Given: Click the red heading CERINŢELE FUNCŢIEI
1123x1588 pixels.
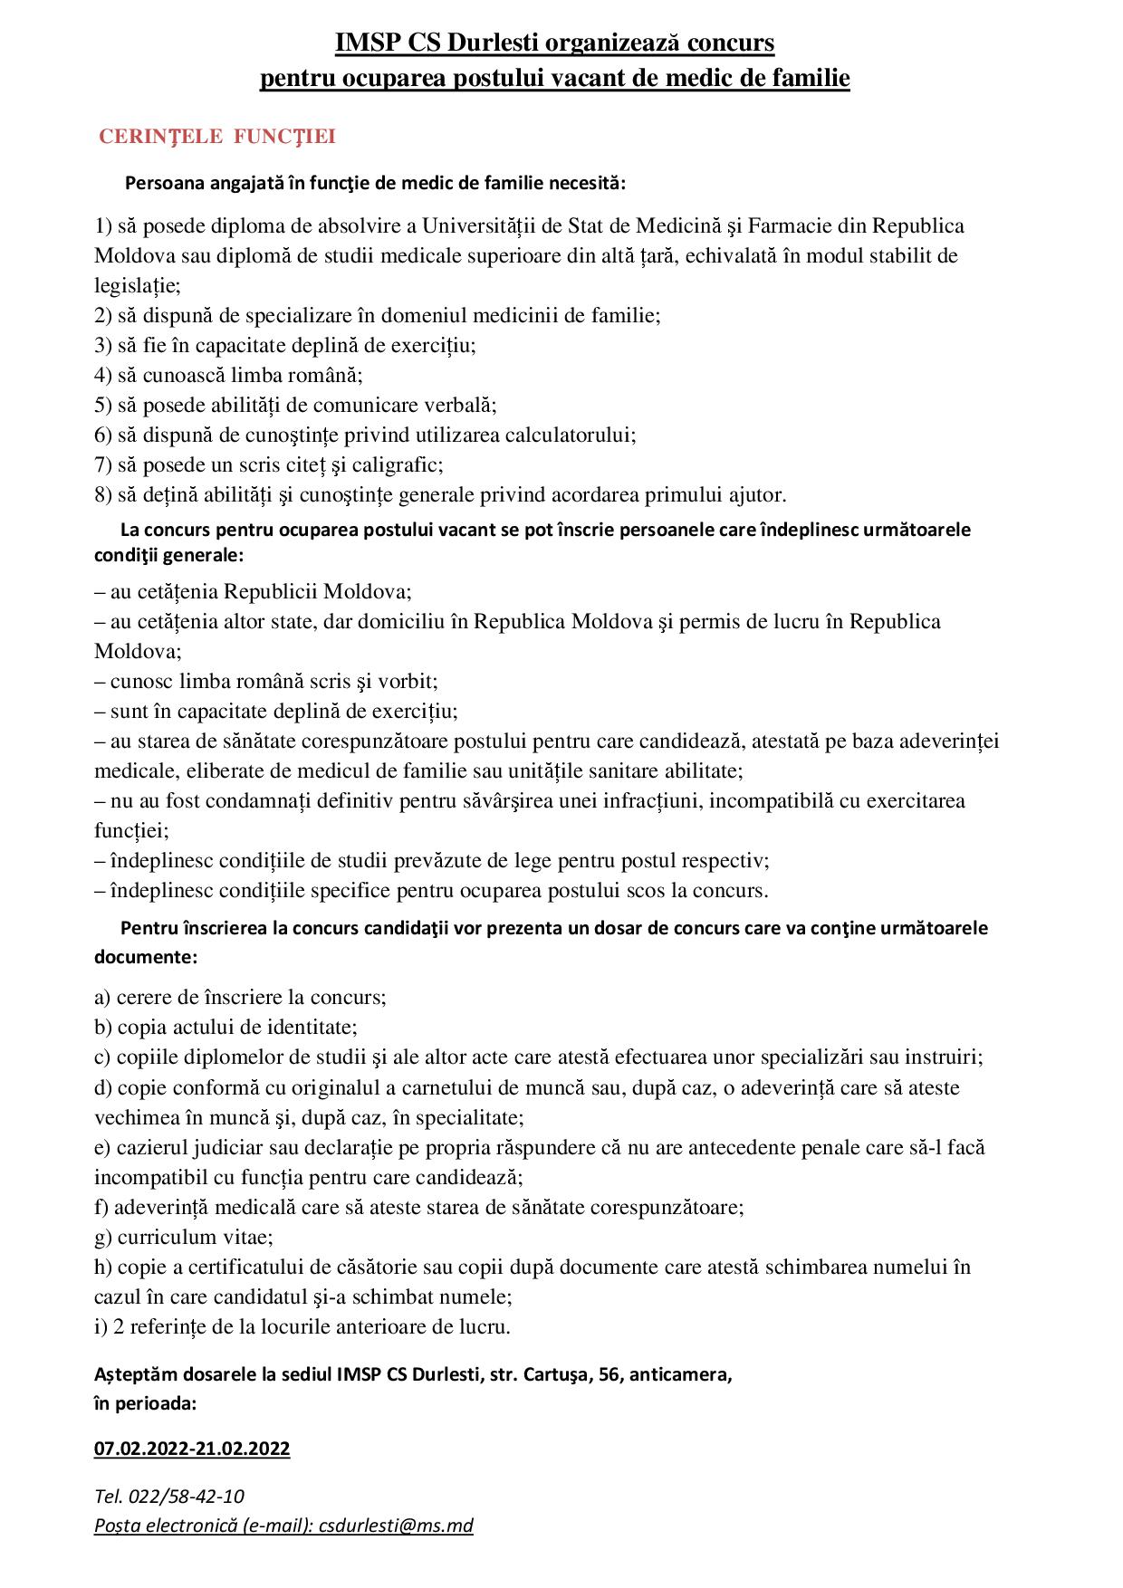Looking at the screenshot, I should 216,137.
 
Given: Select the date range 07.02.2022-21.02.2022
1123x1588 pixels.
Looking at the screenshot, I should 192,1449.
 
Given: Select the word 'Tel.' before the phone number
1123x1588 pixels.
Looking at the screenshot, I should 109,1496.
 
